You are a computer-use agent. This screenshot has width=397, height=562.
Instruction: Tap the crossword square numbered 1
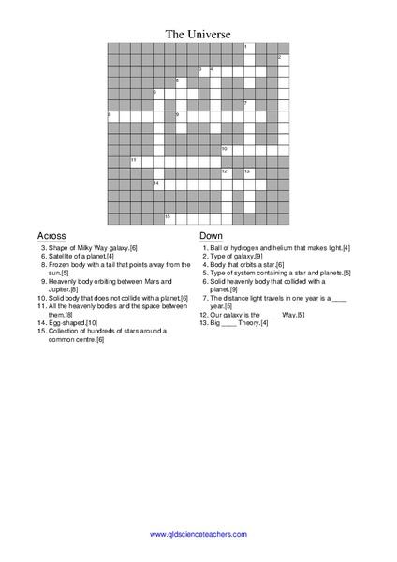pos(249,48)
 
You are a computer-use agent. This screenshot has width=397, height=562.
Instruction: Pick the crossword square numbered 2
pos(283,59)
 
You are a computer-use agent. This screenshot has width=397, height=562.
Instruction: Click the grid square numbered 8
pos(113,115)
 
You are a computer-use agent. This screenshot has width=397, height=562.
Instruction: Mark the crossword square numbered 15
pos(169,217)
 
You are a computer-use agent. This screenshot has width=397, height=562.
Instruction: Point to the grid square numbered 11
pos(136,161)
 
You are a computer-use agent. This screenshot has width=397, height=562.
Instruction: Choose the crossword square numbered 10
pos(227,150)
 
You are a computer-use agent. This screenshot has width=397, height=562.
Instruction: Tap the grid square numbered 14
pos(158,184)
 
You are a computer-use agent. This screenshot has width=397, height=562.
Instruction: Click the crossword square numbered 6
pos(158,93)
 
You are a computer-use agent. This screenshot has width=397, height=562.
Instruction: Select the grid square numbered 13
pos(249,172)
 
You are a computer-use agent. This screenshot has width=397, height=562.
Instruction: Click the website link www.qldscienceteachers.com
pos(198,534)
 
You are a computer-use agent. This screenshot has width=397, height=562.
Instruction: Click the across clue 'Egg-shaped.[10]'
pos(72,322)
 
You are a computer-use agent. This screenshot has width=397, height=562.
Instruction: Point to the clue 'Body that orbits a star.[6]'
pos(247,264)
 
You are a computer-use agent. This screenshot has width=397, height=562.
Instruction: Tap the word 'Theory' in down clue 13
pos(248,323)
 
